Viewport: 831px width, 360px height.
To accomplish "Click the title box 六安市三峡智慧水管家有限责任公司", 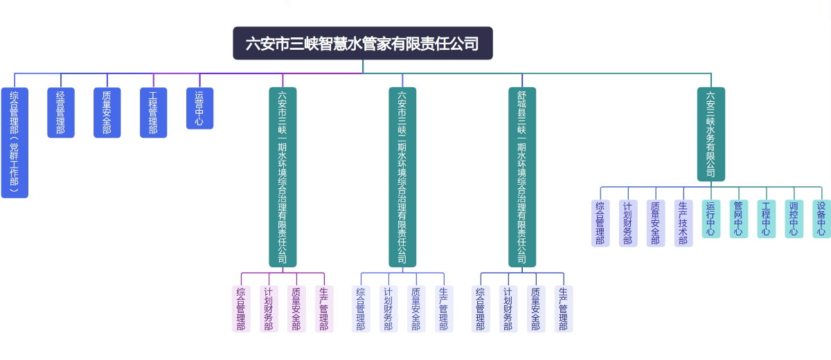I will point(362,44).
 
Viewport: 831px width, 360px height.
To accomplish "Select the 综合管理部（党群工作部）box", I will point(15,143).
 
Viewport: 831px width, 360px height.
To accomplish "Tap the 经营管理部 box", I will point(61,112).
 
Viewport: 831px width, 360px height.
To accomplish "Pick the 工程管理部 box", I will point(153,112).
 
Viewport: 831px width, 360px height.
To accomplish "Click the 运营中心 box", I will point(199,108).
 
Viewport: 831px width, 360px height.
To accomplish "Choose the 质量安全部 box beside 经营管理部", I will point(107,112).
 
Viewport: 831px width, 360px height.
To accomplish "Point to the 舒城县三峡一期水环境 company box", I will point(522,177).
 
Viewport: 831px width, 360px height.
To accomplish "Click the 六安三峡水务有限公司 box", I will point(711,134).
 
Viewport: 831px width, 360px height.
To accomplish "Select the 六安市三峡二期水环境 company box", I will point(402,177).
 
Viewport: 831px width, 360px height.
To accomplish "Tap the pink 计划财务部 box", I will point(269,309).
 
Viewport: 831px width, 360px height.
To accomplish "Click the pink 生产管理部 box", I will point(324,309).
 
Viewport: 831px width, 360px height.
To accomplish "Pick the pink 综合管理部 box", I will point(241,309).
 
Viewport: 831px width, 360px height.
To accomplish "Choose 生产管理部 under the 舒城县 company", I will point(564,309).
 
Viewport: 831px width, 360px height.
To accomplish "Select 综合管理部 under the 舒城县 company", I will point(481,309).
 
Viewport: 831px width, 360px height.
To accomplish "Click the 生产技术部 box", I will point(683,224).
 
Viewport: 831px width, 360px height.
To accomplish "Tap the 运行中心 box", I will point(711,219).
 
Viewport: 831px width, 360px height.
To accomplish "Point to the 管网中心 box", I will point(738,219).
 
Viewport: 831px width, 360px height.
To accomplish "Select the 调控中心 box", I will point(794,219).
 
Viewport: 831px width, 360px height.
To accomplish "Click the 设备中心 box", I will point(821,219).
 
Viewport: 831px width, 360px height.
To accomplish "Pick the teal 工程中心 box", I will point(766,219).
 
